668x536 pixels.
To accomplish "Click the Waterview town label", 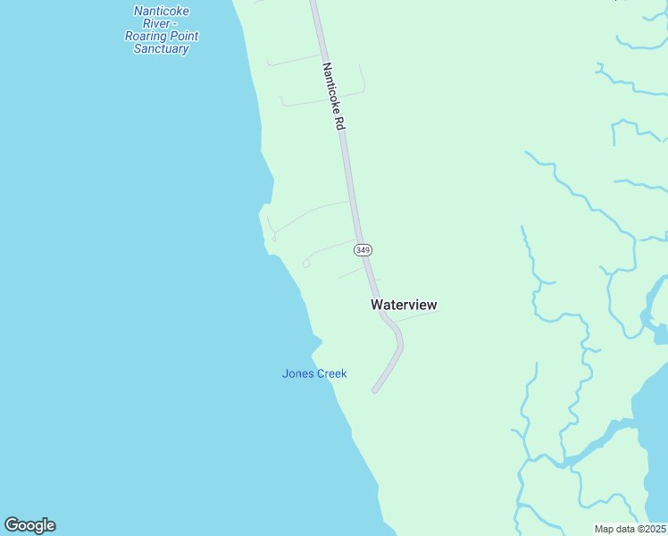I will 404,305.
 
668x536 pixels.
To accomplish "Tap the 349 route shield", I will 363,250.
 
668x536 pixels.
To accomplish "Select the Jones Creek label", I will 314,373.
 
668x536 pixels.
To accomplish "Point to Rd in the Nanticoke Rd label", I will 340,124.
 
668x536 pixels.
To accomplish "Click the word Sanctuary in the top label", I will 161,49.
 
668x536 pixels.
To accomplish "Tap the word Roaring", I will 145,37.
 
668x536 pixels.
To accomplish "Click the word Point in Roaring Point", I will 182,37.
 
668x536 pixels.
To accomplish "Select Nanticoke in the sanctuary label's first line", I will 161,12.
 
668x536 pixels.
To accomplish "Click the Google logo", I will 29,525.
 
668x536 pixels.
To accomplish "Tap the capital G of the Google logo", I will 11,525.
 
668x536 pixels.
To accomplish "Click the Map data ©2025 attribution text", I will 630,529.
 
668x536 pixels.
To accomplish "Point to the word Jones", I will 297,373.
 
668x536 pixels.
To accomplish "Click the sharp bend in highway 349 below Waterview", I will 398,339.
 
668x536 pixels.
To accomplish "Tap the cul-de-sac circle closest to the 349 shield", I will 306,264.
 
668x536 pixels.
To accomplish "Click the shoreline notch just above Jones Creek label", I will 314,342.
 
